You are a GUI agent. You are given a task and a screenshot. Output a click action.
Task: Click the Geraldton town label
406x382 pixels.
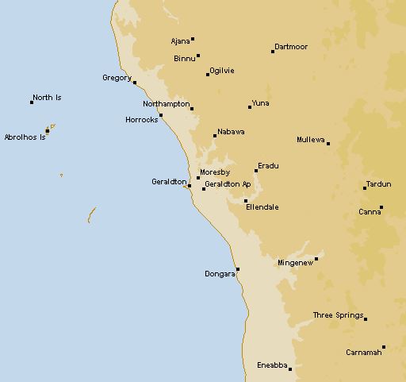168,182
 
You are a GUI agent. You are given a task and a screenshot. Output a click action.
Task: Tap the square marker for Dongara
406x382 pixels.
237,269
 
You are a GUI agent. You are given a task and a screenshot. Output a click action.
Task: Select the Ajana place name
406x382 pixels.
181,41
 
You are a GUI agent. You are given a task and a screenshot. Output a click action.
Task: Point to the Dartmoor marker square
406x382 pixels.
273,52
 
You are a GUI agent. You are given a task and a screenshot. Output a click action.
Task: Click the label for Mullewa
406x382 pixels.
310,140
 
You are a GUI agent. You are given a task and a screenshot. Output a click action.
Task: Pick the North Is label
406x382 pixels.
47,98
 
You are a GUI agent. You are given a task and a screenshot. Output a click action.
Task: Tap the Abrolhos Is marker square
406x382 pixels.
47,131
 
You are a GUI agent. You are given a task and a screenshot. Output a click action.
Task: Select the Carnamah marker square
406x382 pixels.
384,347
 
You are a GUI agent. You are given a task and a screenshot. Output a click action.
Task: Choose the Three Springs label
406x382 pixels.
337,315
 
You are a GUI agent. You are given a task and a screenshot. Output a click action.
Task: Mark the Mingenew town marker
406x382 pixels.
316,258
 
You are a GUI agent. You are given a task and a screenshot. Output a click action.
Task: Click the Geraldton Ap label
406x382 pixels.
228,184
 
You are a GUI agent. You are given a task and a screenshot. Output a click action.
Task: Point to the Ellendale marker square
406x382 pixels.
246,201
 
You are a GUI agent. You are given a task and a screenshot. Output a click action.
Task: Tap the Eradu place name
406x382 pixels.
269,165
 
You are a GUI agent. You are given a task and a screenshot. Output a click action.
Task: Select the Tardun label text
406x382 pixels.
380,183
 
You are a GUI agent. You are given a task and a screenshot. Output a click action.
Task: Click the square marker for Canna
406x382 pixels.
381,208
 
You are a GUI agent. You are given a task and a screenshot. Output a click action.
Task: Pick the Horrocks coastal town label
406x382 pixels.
142,120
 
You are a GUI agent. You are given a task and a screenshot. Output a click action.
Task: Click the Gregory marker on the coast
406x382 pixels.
135,83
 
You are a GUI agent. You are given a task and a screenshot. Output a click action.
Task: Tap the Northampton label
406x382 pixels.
166,104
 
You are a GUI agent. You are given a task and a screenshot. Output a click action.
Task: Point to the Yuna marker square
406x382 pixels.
250,106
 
